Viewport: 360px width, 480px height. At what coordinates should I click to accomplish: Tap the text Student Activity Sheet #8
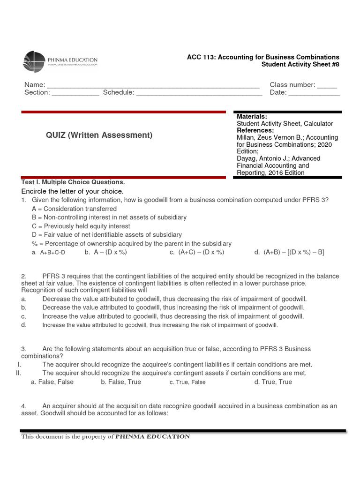tap(300, 64)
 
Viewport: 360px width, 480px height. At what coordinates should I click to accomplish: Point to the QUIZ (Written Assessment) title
tap(99, 135)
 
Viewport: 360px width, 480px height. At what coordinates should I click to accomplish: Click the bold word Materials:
tap(252, 116)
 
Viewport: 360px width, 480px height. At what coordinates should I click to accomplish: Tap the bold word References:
tap(255, 130)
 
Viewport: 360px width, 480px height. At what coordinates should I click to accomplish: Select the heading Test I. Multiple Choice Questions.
tap(73, 182)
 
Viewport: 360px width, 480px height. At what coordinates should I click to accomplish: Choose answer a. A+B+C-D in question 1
tap(48, 252)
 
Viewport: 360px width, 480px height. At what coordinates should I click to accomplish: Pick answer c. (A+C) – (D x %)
tap(197, 252)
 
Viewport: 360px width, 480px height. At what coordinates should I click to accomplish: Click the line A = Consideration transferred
tap(74, 209)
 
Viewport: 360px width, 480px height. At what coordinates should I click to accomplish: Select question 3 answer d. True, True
tap(273, 382)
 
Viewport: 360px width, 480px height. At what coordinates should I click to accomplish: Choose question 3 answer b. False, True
tap(120, 382)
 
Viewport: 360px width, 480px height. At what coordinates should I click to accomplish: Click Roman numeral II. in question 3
tap(18, 373)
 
